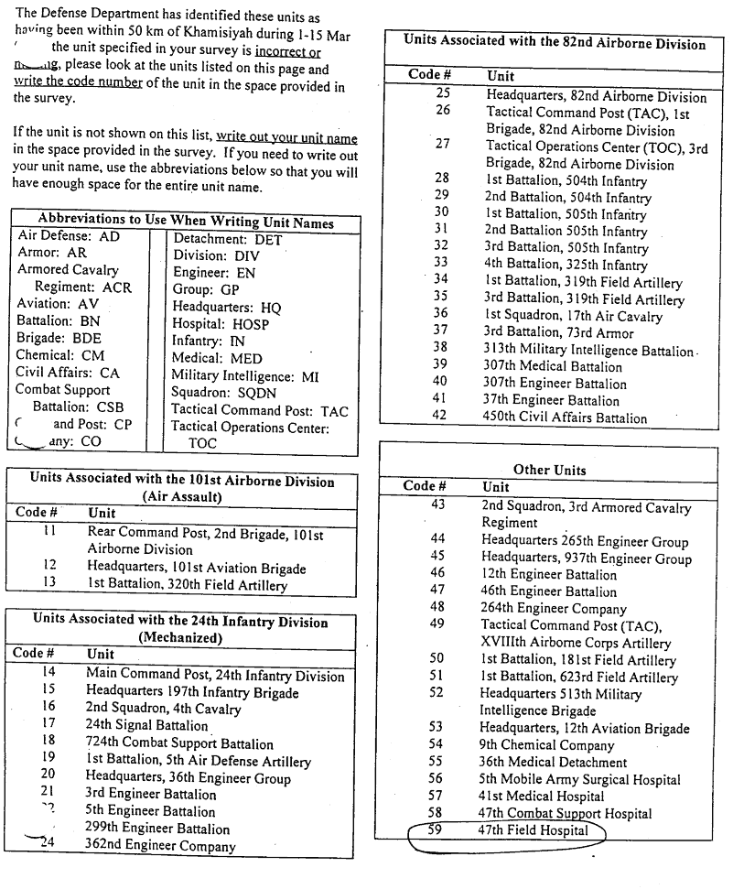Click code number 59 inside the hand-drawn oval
coord(436,830)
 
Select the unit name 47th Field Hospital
coord(534,831)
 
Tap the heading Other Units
coord(549,470)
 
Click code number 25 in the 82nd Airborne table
coord(443,94)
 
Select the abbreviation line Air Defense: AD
coord(68,236)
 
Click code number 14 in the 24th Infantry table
coord(49,673)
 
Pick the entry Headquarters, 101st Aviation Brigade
coord(197,568)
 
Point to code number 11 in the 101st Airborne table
coord(49,532)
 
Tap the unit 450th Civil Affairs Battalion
coord(566,417)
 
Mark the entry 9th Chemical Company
coord(546,745)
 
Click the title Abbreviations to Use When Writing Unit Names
coord(186,222)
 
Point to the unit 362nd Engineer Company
coord(160,847)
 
